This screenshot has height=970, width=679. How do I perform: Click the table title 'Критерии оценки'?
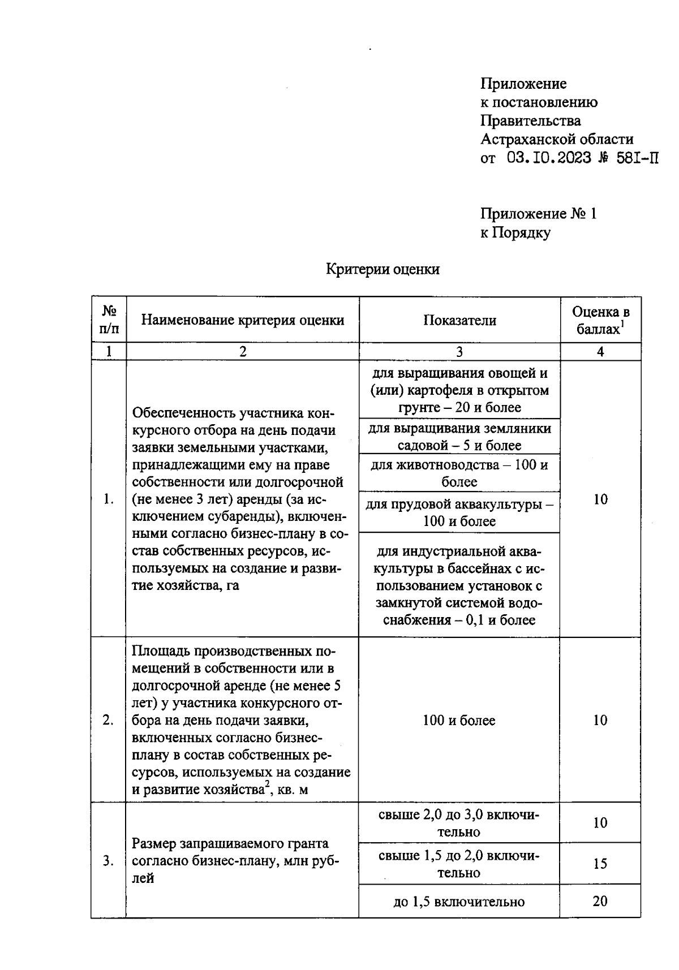click(x=383, y=269)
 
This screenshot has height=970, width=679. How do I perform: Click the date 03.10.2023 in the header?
click(x=548, y=158)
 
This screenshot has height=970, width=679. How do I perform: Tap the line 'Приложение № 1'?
click(x=538, y=214)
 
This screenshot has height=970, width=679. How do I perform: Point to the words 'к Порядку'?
click(x=515, y=232)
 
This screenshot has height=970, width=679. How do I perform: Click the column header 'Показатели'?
click(x=459, y=320)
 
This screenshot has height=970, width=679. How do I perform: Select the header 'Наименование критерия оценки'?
click(x=242, y=320)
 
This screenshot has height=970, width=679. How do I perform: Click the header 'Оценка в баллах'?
click(x=600, y=320)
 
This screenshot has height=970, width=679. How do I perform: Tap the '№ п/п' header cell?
click(x=109, y=320)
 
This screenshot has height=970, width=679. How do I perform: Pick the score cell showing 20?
click(x=600, y=901)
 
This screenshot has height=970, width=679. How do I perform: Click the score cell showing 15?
click(x=600, y=863)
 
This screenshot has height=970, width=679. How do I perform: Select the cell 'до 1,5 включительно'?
click(x=459, y=902)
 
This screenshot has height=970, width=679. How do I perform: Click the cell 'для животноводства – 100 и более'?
click(x=459, y=473)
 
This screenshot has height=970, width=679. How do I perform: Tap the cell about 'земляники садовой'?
click(x=459, y=436)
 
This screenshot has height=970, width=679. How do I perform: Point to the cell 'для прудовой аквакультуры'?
click(x=459, y=512)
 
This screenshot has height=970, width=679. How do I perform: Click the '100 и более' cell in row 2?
click(x=459, y=720)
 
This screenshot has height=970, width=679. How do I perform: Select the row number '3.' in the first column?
click(x=108, y=861)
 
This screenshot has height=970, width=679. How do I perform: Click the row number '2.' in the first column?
click(x=108, y=720)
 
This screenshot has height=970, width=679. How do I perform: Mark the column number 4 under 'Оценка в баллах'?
click(x=600, y=352)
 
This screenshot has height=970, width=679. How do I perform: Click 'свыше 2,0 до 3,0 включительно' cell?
click(x=459, y=823)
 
